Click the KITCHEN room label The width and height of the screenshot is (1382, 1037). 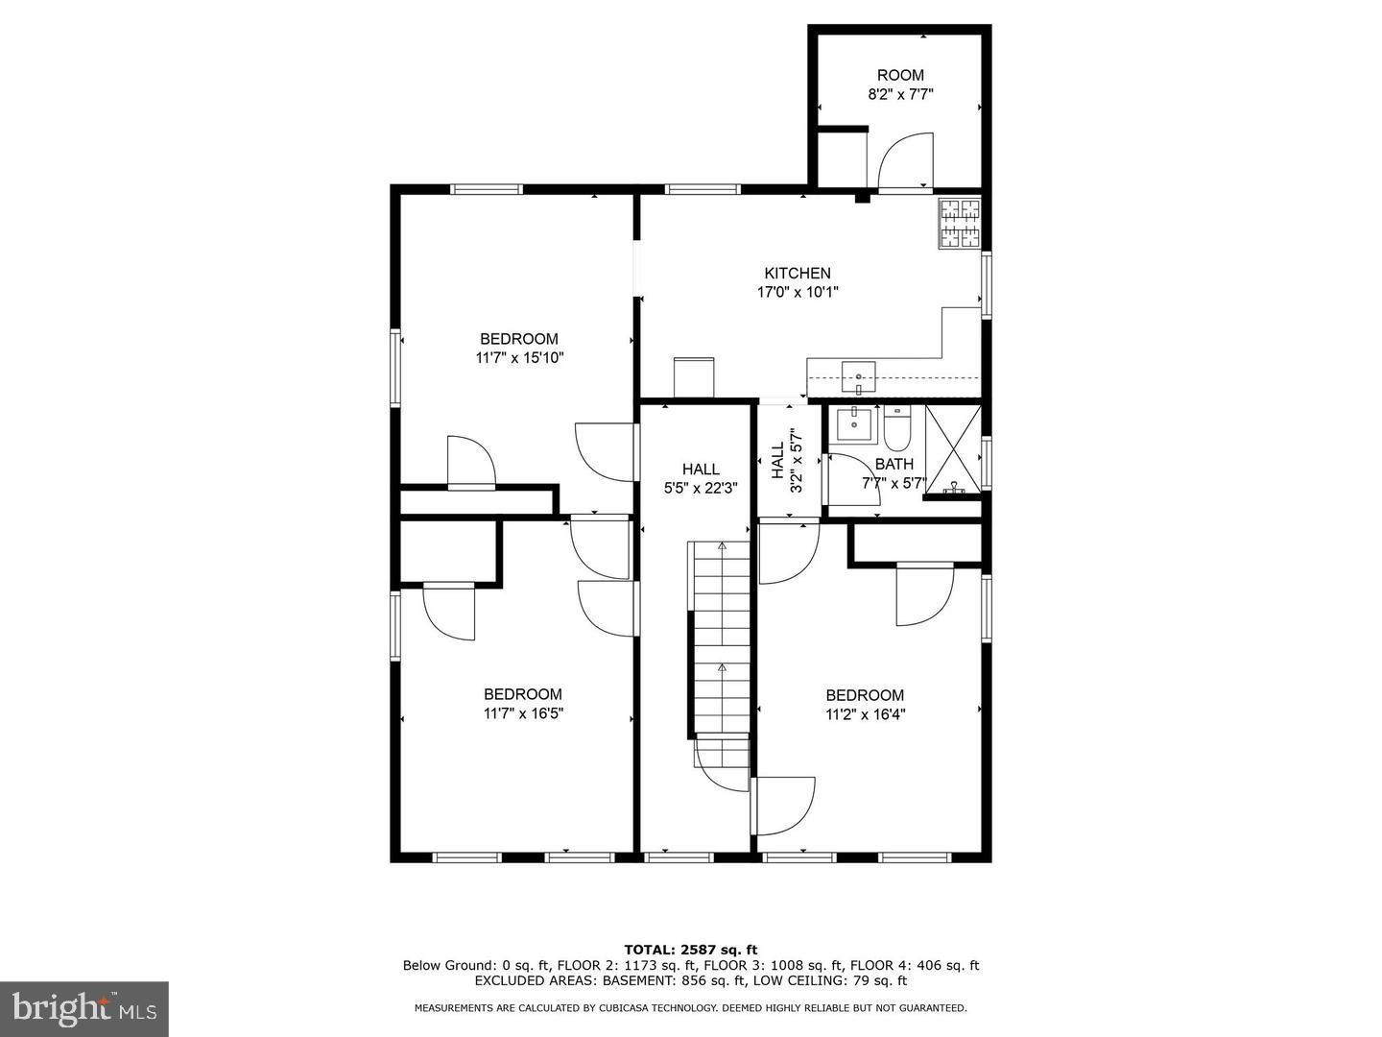pos(798,274)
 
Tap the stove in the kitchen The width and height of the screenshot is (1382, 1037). pos(960,224)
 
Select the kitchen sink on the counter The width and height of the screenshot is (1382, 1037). pos(858,377)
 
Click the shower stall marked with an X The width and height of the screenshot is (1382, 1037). pos(954,449)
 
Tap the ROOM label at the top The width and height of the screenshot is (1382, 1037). pos(900,76)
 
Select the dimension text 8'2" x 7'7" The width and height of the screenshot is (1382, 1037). pos(900,95)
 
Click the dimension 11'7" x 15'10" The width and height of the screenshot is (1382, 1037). pos(519,358)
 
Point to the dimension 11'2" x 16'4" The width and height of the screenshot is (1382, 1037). pos(865,714)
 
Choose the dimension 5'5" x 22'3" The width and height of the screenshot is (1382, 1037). pos(701,488)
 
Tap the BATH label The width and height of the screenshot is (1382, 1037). pos(894,465)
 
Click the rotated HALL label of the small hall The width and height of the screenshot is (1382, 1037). pos(777,460)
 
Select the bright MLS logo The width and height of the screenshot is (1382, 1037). pos(84,1008)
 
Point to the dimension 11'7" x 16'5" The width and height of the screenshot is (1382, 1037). pos(523,713)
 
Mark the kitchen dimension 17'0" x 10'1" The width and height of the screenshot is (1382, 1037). pos(798,292)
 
